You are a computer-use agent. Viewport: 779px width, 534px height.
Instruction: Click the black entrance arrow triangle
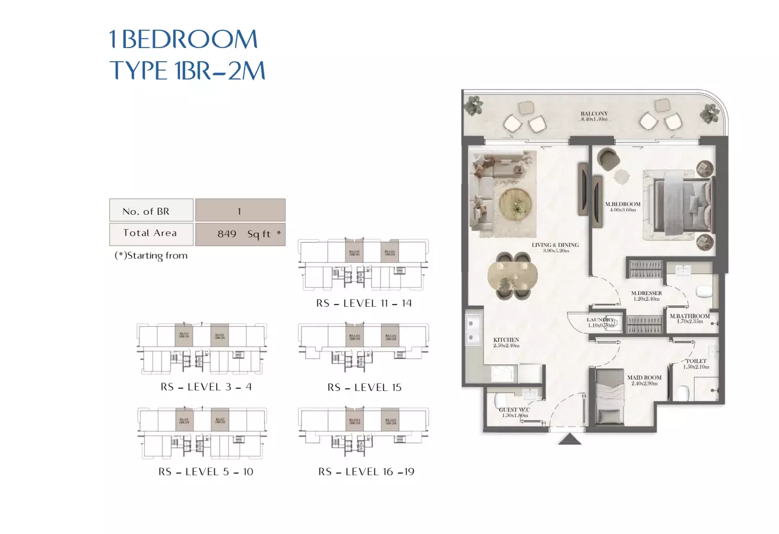point(570,439)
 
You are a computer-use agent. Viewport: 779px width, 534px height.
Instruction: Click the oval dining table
point(512,275)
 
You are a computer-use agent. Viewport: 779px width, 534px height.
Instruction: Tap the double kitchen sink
point(474,330)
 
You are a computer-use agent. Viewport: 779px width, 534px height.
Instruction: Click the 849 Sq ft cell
point(240,234)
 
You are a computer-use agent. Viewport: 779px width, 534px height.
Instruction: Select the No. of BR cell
point(151,211)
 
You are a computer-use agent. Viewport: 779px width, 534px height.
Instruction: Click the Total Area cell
point(151,234)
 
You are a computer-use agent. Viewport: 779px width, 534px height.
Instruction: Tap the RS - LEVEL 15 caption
point(364,387)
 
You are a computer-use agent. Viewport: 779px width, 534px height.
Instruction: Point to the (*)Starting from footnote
point(151,256)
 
